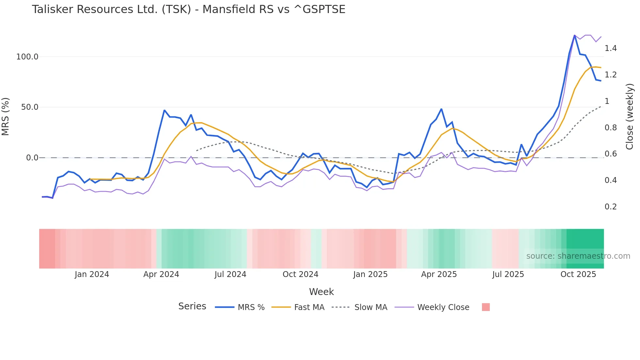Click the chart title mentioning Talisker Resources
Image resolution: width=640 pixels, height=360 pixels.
[x=188, y=9]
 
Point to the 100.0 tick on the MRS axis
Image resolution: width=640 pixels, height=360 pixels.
[x=27, y=57]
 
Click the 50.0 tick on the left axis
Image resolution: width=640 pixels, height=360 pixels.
[x=30, y=107]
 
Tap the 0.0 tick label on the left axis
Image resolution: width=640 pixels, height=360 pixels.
[x=32, y=158]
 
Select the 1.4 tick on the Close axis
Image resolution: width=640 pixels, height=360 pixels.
[x=611, y=48]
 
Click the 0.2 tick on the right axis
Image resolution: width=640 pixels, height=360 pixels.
[x=611, y=207]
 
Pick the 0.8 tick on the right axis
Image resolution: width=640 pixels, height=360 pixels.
[x=611, y=128]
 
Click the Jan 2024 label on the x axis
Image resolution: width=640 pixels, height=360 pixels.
[x=92, y=274]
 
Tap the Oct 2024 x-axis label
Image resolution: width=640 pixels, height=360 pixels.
[x=300, y=274]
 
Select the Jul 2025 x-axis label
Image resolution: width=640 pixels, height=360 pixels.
[x=508, y=274]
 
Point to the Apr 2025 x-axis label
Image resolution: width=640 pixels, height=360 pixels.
[x=439, y=274]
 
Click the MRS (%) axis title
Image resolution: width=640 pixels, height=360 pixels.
[x=6, y=116]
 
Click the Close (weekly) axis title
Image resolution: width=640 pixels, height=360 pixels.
[x=630, y=117]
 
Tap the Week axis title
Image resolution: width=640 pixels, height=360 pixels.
[x=321, y=292]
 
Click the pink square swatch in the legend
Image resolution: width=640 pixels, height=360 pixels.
[x=486, y=307]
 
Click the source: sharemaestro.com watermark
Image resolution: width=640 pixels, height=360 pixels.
[x=578, y=256]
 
